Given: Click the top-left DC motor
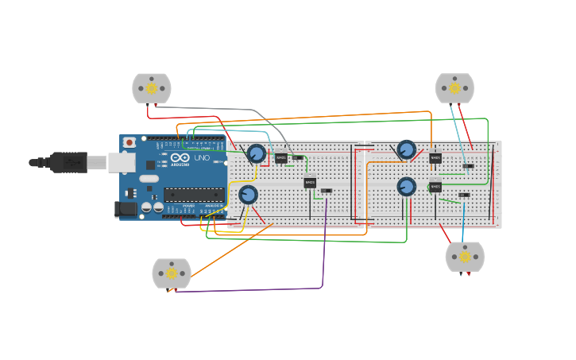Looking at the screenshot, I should point(152,88).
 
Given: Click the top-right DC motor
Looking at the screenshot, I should point(454,88).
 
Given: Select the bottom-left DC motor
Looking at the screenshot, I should point(172,273).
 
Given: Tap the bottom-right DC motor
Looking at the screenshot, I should point(465,257).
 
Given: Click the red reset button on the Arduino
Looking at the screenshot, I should point(130,143).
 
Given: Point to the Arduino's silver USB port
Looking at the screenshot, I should point(121,162).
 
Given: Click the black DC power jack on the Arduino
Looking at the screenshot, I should point(125,210).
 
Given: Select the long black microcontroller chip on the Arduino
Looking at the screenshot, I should point(194,195).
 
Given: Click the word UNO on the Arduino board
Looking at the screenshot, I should point(202,158).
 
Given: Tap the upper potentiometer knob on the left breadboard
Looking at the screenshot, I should point(256,153).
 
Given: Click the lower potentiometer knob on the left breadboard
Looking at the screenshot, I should point(248,195).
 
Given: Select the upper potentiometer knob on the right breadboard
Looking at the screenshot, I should point(407,149).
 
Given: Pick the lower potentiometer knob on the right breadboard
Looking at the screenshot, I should point(407,187).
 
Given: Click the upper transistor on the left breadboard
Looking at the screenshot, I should point(280,158).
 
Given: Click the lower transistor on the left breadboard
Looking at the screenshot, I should point(310,184).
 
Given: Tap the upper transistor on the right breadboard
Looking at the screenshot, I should point(435,158).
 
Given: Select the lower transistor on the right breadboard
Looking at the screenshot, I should point(435,188).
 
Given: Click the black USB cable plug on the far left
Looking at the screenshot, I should point(68,162).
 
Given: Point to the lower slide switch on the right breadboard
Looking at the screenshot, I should point(464,195).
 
